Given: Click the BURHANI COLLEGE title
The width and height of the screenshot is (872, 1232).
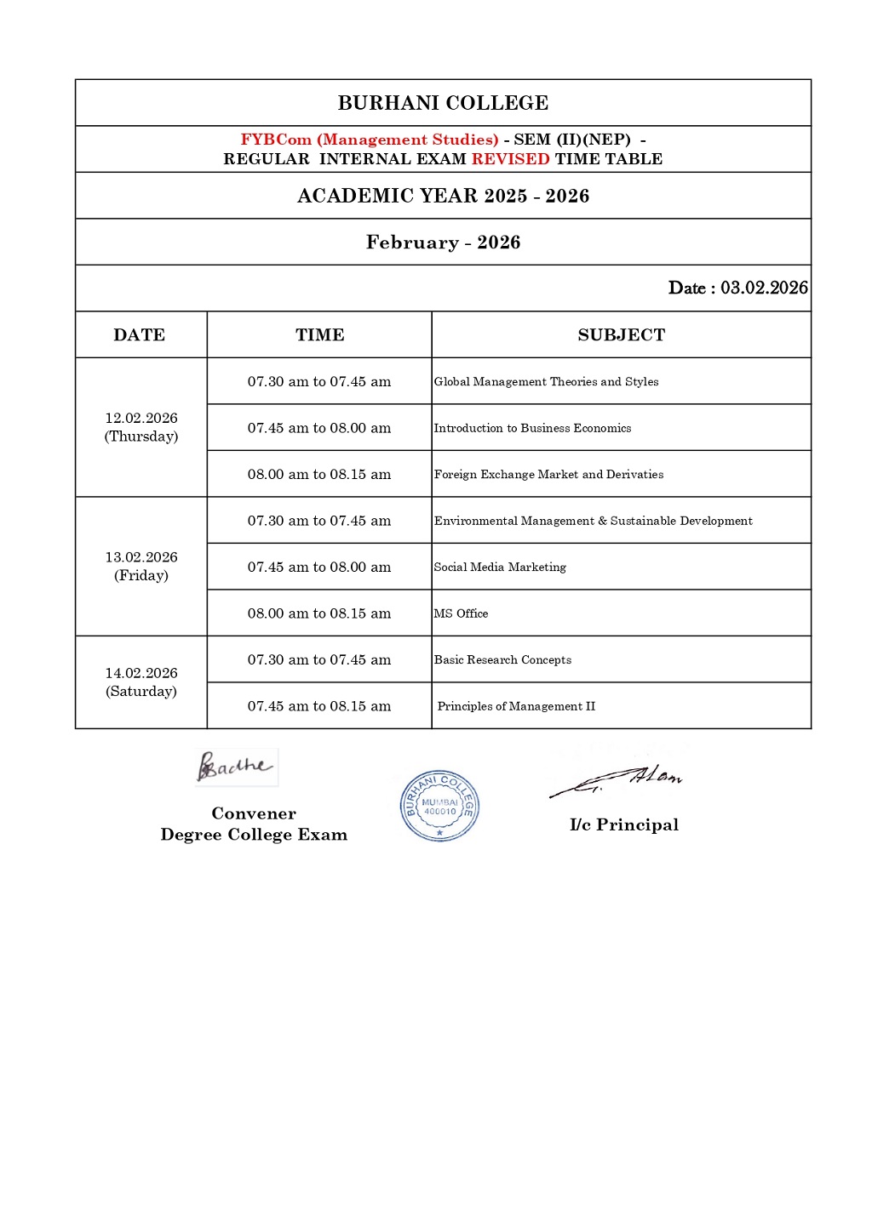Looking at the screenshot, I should click(443, 103).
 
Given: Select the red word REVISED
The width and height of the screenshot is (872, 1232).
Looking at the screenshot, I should click(510, 159).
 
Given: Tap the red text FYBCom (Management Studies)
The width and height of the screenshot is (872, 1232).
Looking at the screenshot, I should click(370, 140).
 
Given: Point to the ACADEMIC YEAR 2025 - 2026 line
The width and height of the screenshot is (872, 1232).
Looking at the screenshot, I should click(443, 196).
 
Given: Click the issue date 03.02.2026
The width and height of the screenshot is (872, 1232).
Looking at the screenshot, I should click(764, 288).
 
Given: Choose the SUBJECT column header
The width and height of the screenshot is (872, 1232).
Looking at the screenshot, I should click(621, 335).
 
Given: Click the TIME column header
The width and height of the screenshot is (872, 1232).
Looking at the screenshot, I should click(319, 335).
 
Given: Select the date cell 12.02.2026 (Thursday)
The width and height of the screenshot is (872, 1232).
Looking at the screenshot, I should click(141, 427).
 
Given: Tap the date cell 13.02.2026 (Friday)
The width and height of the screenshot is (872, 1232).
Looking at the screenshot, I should click(141, 566).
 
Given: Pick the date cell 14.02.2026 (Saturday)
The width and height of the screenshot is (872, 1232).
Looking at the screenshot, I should click(141, 682).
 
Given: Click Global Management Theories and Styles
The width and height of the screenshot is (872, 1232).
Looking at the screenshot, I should click(546, 382).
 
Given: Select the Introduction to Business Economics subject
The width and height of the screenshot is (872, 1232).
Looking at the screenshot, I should click(532, 428).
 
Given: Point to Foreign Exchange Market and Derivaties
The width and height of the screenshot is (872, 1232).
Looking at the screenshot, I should click(548, 475).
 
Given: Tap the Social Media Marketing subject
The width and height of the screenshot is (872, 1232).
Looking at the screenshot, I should click(500, 568).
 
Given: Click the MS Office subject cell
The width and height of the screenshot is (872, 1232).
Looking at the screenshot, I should click(461, 613).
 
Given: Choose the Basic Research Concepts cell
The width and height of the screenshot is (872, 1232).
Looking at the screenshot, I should click(502, 660).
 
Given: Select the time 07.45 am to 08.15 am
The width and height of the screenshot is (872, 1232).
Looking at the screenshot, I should click(319, 706).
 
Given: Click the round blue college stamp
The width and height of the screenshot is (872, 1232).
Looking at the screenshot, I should click(439, 806).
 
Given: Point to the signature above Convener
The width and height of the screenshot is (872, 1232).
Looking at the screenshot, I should click(235, 767).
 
